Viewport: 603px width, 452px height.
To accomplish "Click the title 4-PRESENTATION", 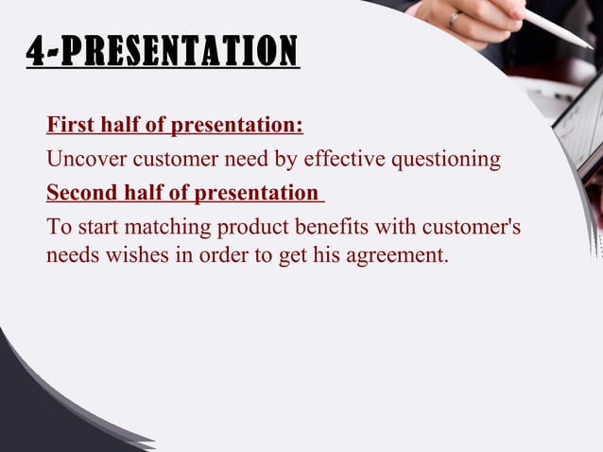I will [162, 51].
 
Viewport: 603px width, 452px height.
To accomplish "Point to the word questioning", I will [449, 160].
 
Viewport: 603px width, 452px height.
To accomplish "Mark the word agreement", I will [396, 254].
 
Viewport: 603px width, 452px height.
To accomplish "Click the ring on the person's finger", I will [457, 18].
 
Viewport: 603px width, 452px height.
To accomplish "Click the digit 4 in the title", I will [37, 51].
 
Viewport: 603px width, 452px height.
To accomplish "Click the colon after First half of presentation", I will [300, 125].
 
